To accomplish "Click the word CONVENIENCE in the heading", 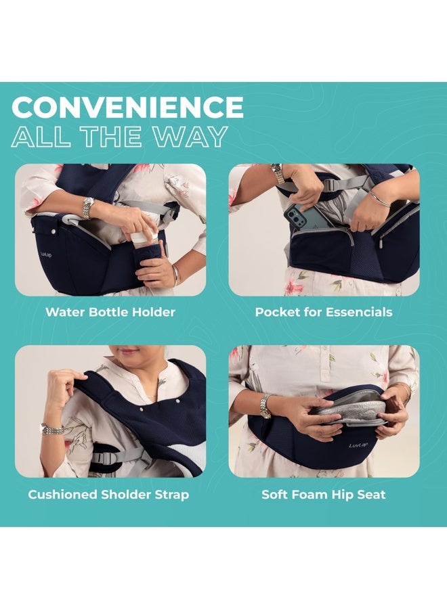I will click(127, 108).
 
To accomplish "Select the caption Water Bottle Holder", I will click(110, 312).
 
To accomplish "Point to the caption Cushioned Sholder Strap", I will click(108, 495).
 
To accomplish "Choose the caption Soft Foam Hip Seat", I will click(324, 495).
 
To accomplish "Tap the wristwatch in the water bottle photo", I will click(87, 207).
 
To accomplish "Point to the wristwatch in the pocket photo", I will click(278, 173).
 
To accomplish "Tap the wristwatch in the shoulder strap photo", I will click(52, 429).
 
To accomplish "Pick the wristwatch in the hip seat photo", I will click(265, 406).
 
